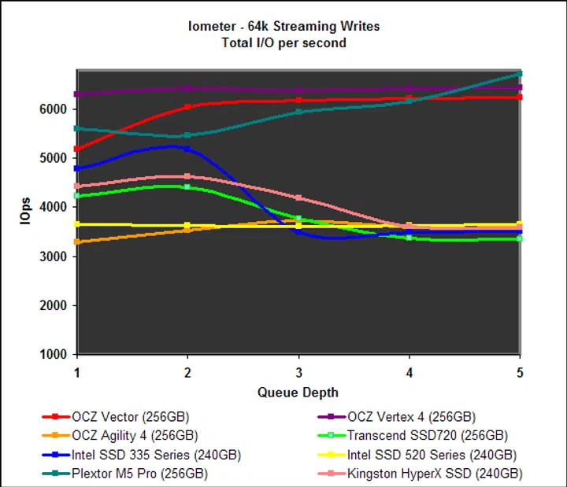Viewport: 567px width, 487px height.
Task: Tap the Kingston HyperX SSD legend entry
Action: [x=434, y=474]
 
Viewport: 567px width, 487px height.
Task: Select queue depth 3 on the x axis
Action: [x=298, y=371]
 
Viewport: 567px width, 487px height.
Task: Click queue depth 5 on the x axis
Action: [x=518, y=371]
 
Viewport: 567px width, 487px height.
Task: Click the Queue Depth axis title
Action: [x=298, y=393]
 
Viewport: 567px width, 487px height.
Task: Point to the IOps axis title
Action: [x=25, y=212]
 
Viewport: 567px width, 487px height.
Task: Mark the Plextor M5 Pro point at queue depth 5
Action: [x=519, y=74]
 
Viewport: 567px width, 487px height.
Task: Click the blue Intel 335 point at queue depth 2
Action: [x=187, y=148]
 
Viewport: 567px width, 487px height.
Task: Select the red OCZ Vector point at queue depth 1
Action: [x=77, y=149]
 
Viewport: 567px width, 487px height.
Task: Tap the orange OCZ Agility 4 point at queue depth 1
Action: [x=77, y=242]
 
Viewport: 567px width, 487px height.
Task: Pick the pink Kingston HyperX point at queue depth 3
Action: [x=298, y=197]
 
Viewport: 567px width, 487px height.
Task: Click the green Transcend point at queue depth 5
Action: [x=519, y=238]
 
